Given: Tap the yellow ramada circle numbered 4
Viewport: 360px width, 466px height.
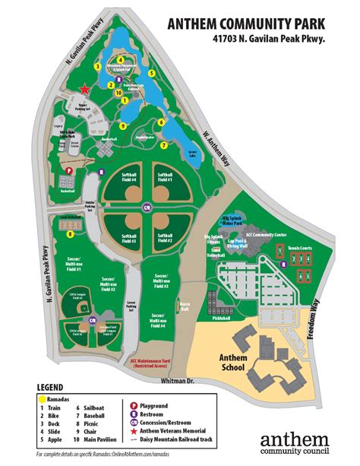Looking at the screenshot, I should pyautogui.click(x=120, y=59).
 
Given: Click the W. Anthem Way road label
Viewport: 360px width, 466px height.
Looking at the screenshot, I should pyautogui.click(x=215, y=140).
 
